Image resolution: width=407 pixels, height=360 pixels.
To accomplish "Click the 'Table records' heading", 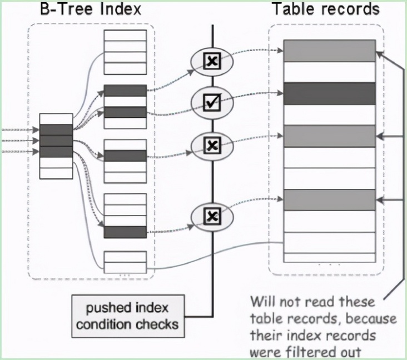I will [326, 9].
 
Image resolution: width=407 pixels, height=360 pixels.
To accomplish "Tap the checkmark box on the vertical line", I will [212, 101].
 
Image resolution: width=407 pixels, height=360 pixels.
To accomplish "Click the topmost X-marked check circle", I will [212, 61].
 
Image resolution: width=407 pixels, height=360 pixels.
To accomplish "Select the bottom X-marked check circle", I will [212, 216].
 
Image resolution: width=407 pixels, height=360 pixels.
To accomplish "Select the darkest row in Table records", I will [330, 93].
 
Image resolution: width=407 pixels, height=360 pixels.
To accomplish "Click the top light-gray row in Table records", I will [330, 51].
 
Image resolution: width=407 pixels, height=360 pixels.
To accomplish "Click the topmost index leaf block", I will [125, 52].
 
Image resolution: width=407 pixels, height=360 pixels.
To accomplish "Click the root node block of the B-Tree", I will [56, 146].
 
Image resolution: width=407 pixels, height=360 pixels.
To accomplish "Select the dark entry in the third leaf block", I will [125, 156].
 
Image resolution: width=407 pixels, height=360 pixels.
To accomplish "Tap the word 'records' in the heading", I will [350, 9].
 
